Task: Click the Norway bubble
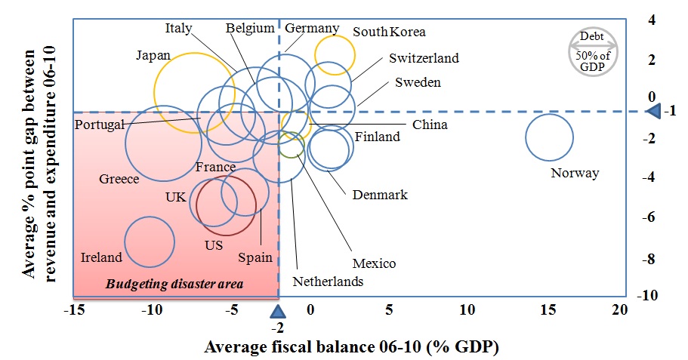tap(549, 138)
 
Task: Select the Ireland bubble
tap(150, 242)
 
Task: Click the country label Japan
tap(153, 55)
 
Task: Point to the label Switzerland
tap(424, 58)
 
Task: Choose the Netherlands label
tap(329, 282)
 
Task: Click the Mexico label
tap(374, 263)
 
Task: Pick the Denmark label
tap(380, 195)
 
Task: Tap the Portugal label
tap(99, 125)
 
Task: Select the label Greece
tap(119, 180)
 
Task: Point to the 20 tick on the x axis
tap(619, 309)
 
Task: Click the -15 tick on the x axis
tap(74, 309)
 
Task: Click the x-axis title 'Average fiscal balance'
tap(352, 346)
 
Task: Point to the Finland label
tap(378, 137)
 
